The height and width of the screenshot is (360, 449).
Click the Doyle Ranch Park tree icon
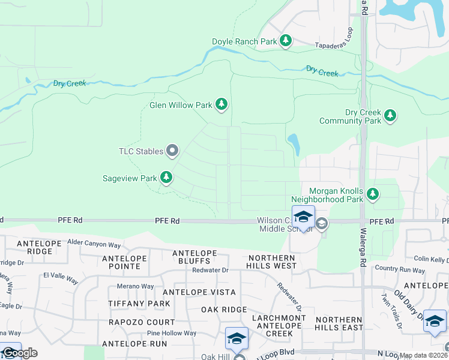tap(286, 41)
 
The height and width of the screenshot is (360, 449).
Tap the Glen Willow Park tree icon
tap(222, 105)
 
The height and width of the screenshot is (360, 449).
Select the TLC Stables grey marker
tap(172, 151)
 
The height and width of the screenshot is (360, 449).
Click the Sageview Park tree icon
tap(166, 178)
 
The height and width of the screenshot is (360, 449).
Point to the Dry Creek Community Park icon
tap(390, 115)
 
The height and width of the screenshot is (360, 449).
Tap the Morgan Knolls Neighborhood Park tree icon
tap(373, 193)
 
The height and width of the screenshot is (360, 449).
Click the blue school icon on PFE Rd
tap(303, 217)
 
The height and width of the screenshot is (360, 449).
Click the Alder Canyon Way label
tap(94, 244)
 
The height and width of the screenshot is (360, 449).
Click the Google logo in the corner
tap(19, 353)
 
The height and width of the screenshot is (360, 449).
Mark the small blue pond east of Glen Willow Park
tap(294, 144)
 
